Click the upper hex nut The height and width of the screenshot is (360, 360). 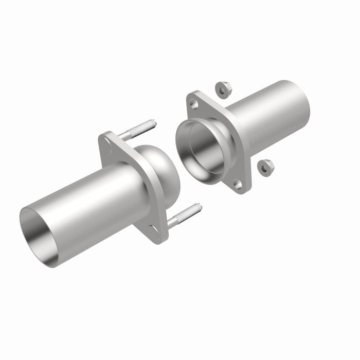pos(222,89)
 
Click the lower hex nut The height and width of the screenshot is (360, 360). pos(265,167)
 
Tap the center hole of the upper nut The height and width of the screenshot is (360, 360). pos(222,91)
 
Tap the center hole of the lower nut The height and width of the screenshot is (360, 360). pos(265,168)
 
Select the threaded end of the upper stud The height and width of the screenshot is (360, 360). pos(147,125)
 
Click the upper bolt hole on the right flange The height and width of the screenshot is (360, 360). pos(194,104)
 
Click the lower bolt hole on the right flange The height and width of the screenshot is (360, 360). pos(237,183)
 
